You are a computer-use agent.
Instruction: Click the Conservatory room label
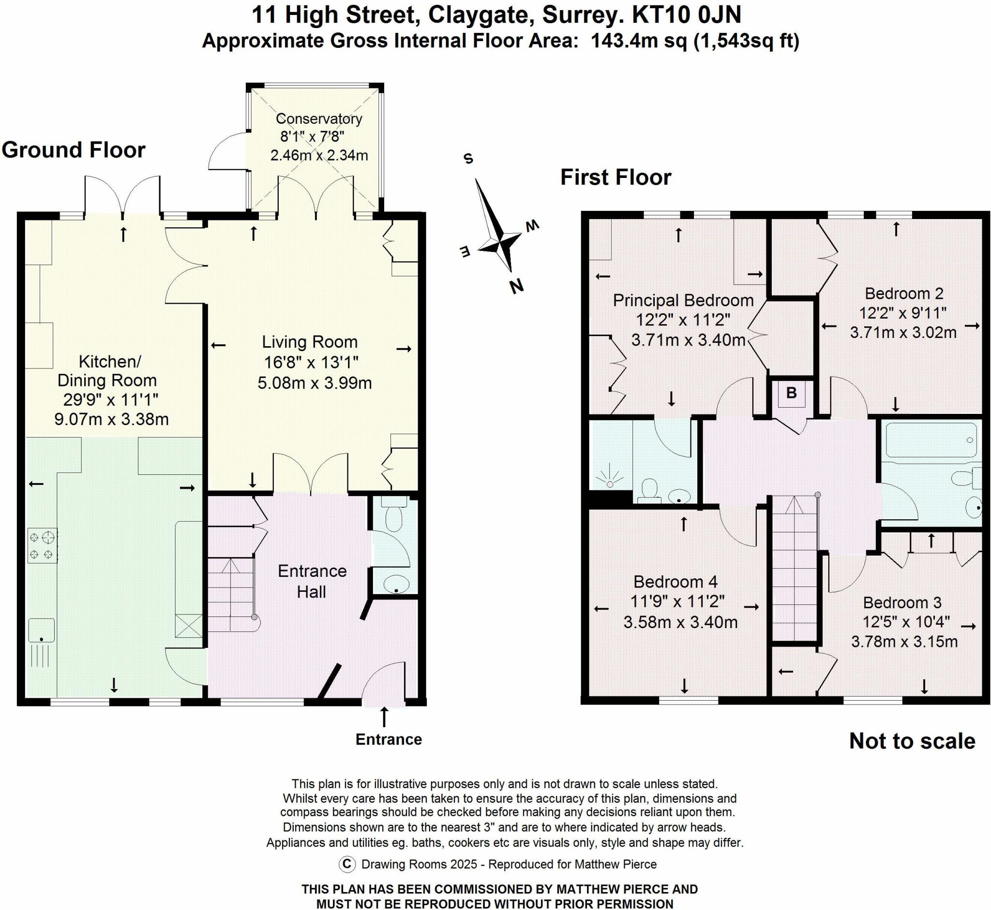[318, 118]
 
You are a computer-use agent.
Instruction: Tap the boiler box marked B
[791, 393]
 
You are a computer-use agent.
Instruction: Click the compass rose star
[499, 241]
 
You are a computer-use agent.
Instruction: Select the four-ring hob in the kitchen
[43, 545]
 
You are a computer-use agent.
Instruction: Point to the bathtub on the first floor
[931, 440]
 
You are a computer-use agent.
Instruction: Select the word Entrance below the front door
[388, 739]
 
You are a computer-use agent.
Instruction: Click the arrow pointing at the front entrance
[384, 717]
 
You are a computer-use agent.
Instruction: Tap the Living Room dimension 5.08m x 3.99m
[315, 382]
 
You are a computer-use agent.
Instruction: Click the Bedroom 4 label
[675, 582]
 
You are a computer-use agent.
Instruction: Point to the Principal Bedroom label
[683, 300]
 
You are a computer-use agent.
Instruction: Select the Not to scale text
[912, 741]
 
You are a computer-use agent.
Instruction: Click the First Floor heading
[616, 177]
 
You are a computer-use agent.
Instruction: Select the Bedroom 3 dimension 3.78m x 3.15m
[904, 642]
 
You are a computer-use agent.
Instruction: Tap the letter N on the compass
[516, 286]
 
